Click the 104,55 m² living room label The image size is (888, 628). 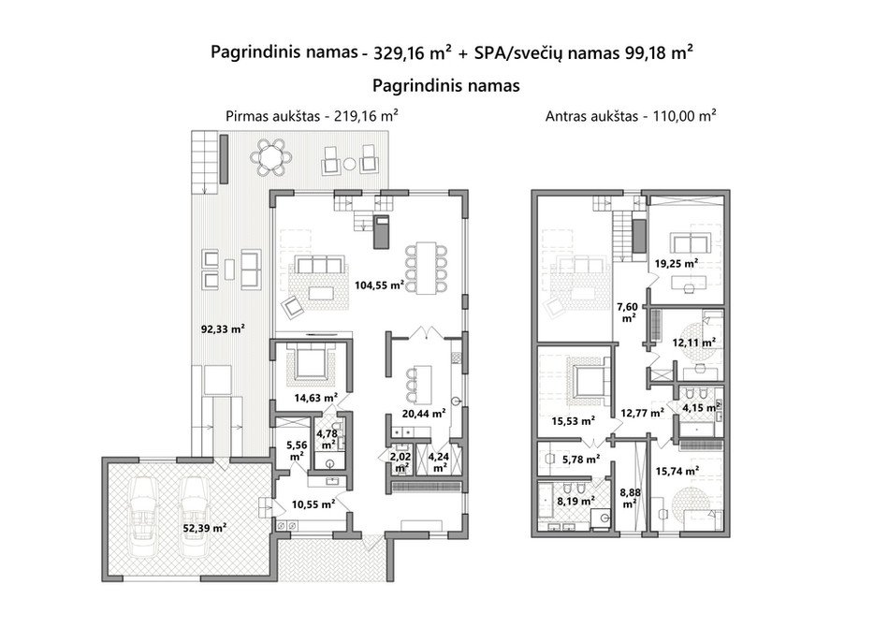tap(379, 285)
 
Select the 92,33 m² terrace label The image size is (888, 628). tap(223, 329)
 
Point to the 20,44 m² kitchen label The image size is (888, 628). tap(423, 414)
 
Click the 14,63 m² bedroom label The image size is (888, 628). tap(316, 398)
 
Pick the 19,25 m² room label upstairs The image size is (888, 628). tap(677, 263)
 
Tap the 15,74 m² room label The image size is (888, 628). tap(677, 471)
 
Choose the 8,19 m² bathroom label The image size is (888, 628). tap(575, 501)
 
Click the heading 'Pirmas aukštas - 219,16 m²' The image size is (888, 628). tap(312, 116)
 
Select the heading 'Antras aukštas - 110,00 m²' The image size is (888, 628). tap(631, 116)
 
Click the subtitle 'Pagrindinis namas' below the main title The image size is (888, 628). tap(446, 85)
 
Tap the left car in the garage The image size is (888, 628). tap(142, 516)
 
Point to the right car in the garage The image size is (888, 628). tap(193, 516)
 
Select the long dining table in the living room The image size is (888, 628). tap(426, 268)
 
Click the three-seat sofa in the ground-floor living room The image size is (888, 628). tap(320, 265)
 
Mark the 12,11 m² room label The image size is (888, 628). tap(693, 342)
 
